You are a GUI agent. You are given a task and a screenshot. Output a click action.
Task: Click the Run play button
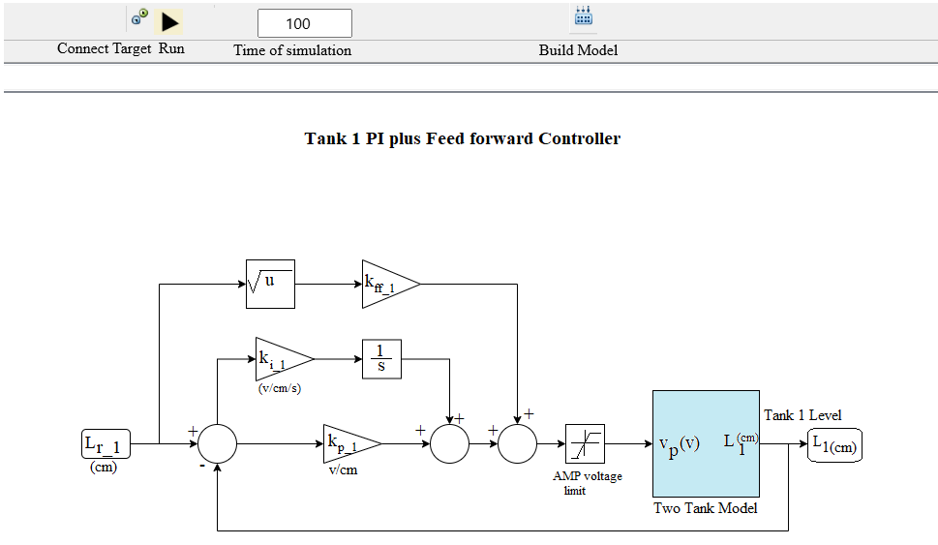click(x=170, y=21)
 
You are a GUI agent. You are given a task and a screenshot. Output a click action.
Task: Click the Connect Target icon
click(x=140, y=17)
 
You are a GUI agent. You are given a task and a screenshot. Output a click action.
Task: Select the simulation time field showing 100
click(x=304, y=23)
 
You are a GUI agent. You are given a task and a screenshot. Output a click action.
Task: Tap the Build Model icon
click(x=583, y=16)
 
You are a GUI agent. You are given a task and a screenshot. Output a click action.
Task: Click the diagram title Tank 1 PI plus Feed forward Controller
click(x=462, y=138)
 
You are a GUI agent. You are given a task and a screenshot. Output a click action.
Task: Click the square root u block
click(x=269, y=284)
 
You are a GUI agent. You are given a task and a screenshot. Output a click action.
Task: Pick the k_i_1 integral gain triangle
click(x=282, y=358)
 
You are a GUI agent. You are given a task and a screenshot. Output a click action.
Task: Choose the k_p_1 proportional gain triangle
click(x=349, y=444)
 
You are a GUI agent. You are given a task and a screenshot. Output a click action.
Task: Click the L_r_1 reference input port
click(x=106, y=444)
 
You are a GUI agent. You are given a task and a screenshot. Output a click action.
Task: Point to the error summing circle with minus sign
click(x=217, y=444)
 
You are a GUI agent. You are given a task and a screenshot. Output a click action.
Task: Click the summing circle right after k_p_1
click(x=449, y=444)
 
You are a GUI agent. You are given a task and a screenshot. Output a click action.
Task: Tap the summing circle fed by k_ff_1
click(x=518, y=444)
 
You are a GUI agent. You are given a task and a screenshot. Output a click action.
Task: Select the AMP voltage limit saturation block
click(x=585, y=444)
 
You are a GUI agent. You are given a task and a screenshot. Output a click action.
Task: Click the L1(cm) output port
click(x=834, y=444)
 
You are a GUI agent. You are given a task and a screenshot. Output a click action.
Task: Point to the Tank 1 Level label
click(x=802, y=415)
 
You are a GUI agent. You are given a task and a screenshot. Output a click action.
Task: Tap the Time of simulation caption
click(x=292, y=50)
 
